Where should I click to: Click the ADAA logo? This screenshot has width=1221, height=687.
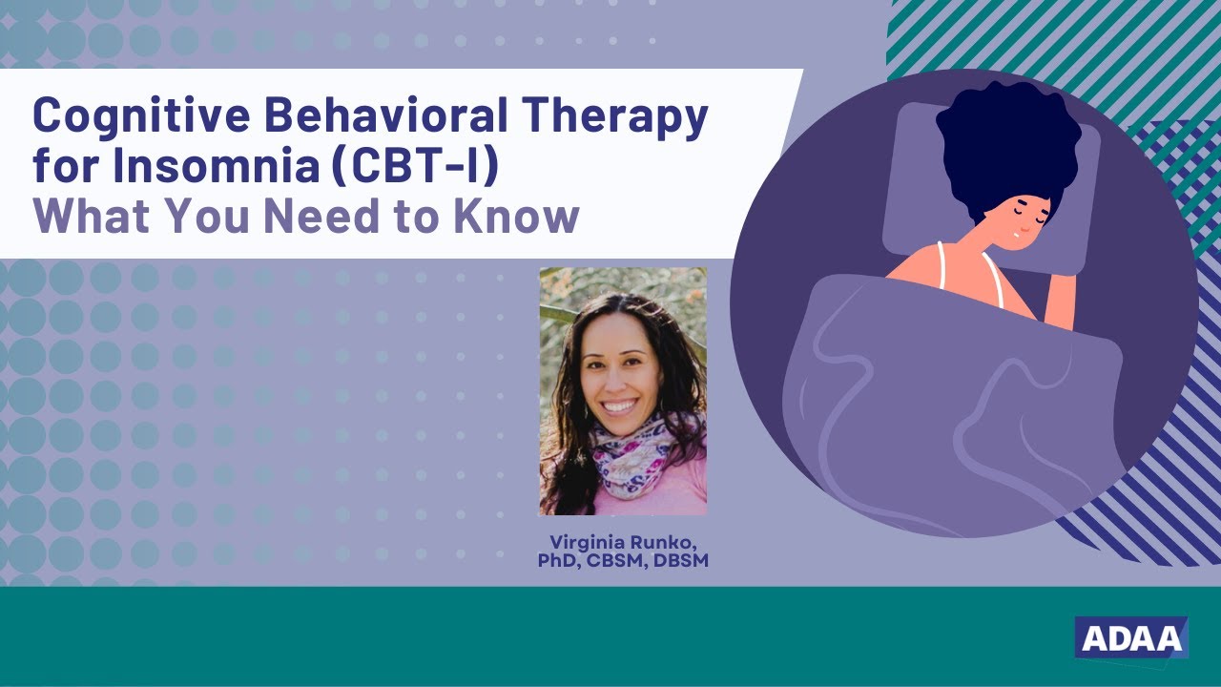pyautogui.click(x=1131, y=637)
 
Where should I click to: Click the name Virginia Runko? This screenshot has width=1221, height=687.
pyautogui.click(x=623, y=543)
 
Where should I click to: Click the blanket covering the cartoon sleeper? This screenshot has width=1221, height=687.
pyautogui.click(x=944, y=401)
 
